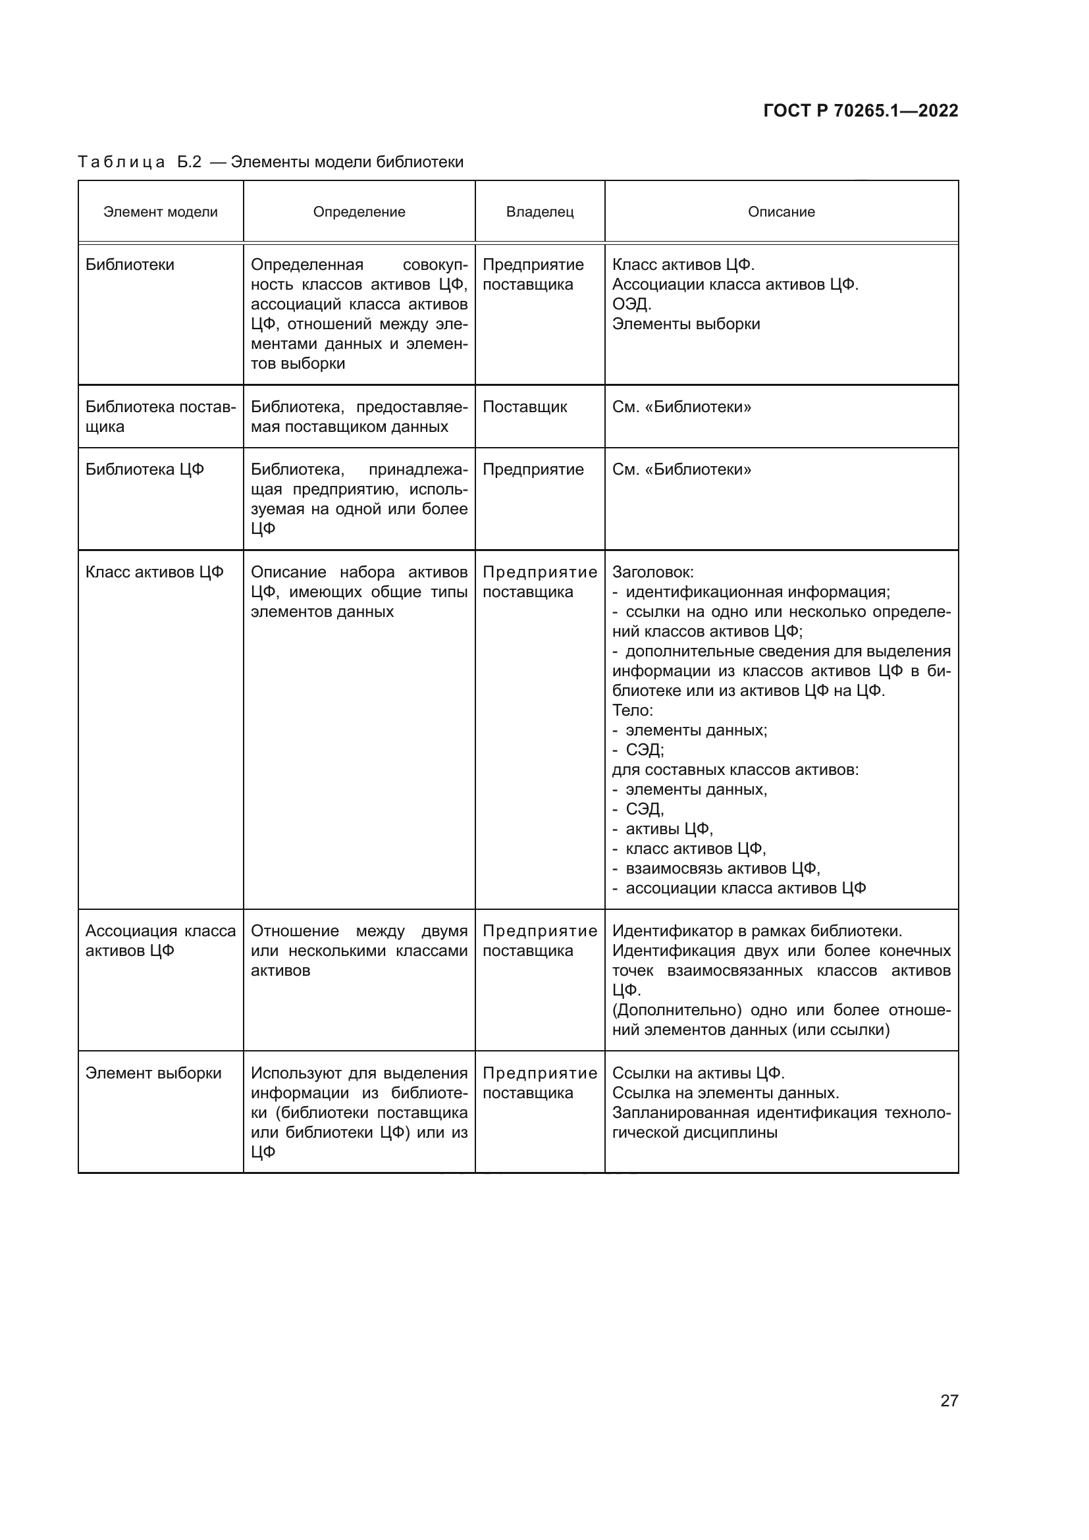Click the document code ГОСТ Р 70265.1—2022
coord(861,111)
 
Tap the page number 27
coord(949,1400)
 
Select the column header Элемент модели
coord(160,212)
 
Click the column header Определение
coord(359,212)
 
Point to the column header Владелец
coord(540,212)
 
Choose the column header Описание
coord(782,212)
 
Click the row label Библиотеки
coord(130,265)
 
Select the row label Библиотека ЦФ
coord(144,469)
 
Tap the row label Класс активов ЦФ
coord(154,572)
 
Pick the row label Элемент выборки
coord(153,1073)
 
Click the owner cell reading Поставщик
coord(524,407)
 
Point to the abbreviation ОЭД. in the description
coord(631,305)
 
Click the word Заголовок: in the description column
coord(652,572)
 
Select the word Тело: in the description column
coord(632,710)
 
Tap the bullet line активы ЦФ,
coord(668,829)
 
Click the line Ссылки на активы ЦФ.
coord(698,1073)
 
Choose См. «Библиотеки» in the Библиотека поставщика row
coord(681,407)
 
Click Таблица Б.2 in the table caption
coord(140,163)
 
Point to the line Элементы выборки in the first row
coord(686,324)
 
